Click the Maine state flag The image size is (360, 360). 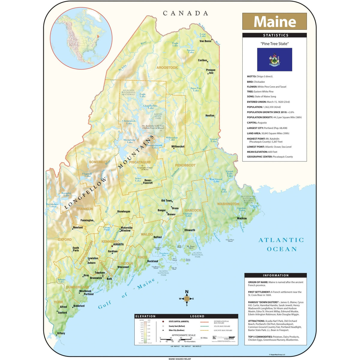pyautogui.click(x=274, y=59)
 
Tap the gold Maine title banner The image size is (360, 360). pyautogui.click(x=274, y=21)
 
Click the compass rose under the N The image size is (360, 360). pyautogui.click(x=187, y=298)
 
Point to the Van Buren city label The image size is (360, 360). pyautogui.click(x=205, y=41)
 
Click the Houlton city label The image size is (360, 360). pyautogui.click(x=210, y=115)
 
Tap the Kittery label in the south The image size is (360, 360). pyautogui.click(x=61, y=333)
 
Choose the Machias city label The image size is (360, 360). pyautogui.click(x=242, y=218)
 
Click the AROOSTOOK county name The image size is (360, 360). pyautogui.click(x=167, y=68)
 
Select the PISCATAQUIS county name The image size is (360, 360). pyautogui.click(x=139, y=162)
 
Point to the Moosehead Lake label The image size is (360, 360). pyautogui.click(x=130, y=141)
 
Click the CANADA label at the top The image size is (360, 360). pyautogui.click(x=185, y=13)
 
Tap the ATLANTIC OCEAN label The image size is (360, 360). pyautogui.click(x=281, y=244)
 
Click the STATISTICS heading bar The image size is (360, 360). pyautogui.click(x=274, y=35)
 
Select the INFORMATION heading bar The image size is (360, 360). pyautogui.click(x=275, y=275)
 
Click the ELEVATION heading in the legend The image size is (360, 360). pyautogui.click(x=145, y=316)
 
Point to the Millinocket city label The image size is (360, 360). pyautogui.click(x=178, y=147)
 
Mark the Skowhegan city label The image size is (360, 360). pyautogui.click(x=124, y=211)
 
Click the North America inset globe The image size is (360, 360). pyautogui.click(x=81, y=38)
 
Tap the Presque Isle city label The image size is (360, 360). pyautogui.click(x=211, y=71)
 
